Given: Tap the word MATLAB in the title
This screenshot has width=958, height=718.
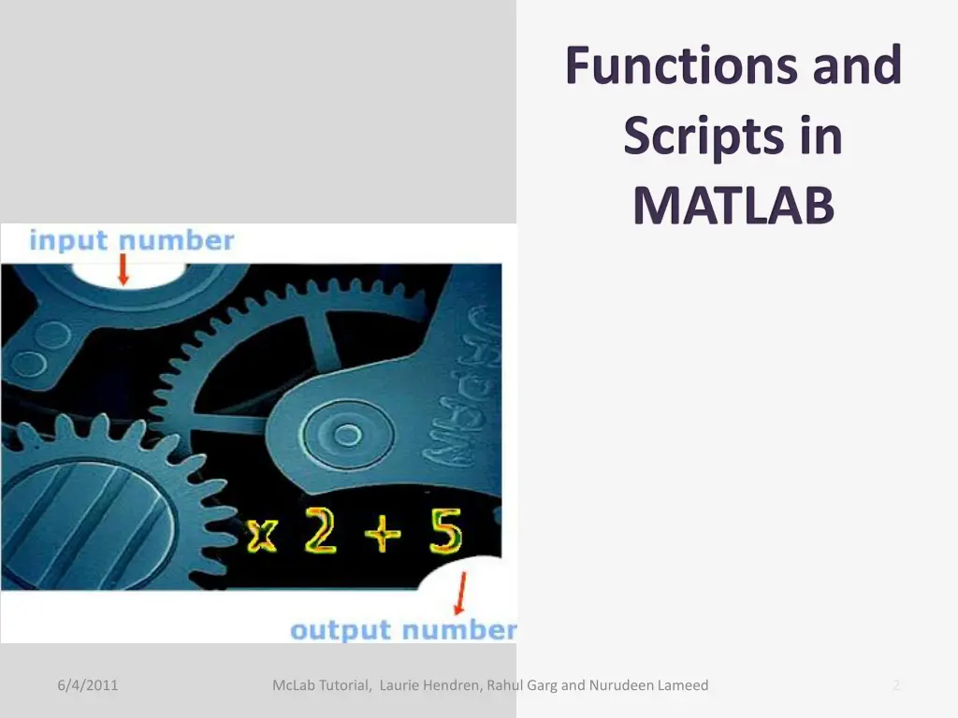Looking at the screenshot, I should (733, 205).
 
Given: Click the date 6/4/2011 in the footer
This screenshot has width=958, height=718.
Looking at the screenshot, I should (87, 685).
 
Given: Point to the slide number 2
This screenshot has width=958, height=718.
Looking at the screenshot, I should (895, 685).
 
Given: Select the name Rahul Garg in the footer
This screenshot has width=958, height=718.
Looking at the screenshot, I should (522, 685).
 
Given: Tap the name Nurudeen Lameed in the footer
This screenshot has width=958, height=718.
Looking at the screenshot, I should (648, 685).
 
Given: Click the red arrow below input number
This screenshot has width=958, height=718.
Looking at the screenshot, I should (123, 271).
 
